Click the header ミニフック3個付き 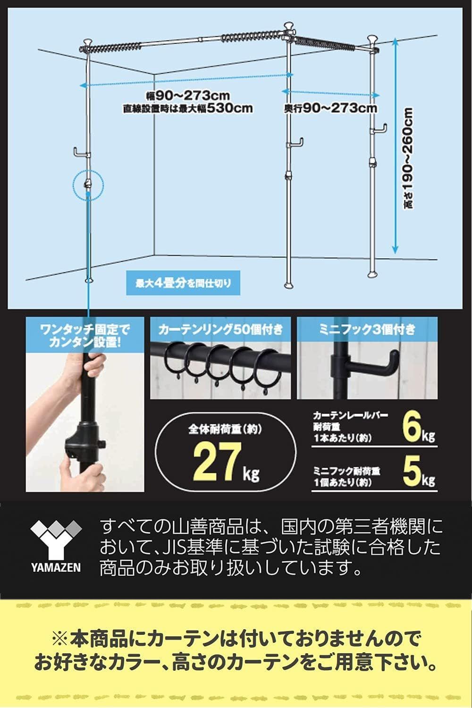coord(367,329)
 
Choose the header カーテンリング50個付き coord(221,329)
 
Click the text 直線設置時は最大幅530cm coord(187,108)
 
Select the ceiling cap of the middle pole coord(288,27)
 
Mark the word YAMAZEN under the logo coord(56,567)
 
